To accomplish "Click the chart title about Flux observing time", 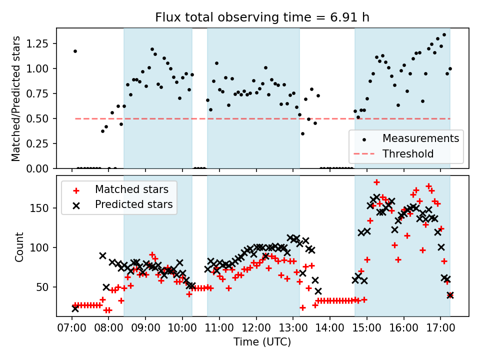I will point(262,18).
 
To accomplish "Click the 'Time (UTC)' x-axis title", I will point(262,342).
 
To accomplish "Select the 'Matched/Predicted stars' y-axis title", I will point(16,98).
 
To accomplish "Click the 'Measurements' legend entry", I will point(420,138).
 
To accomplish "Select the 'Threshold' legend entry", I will point(408,153).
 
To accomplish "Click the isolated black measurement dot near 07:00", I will point(75,51).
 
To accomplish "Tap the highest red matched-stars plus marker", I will point(376,182).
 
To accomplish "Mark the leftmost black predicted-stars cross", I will point(75,308).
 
